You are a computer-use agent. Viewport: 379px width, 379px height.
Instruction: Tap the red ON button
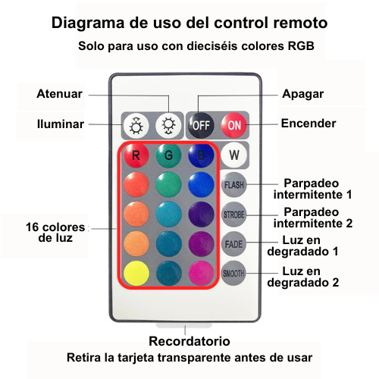(x=234, y=125)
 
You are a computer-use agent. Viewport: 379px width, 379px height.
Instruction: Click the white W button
(x=234, y=155)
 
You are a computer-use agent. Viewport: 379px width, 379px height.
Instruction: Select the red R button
(x=136, y=155)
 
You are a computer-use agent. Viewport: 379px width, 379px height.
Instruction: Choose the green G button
(x=168, y=155)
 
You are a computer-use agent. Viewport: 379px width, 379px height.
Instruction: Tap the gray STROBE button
(x=233, y=215)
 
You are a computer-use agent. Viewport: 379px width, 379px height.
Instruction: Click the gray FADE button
(x=233, y=244)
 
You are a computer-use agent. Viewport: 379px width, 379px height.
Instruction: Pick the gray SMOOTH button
(x=233, y=274)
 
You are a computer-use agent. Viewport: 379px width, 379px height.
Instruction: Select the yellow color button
(x=136, y=274)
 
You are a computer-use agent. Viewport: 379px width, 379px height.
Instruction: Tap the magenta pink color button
(x=201, y=274)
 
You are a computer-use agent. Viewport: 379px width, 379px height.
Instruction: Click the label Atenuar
(x=59, y=94)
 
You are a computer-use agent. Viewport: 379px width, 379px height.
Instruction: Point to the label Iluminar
(x=61, y=124)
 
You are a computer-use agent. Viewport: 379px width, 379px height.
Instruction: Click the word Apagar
(x=302, y=95)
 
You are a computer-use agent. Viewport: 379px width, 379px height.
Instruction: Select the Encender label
(x=309, y=124)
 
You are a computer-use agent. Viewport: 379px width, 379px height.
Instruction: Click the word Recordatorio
(x=189, y=341)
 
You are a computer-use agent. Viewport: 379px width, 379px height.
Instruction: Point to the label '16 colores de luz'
(x=55, y=233)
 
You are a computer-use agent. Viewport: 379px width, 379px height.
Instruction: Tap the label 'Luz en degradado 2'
(x=303, y=277)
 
